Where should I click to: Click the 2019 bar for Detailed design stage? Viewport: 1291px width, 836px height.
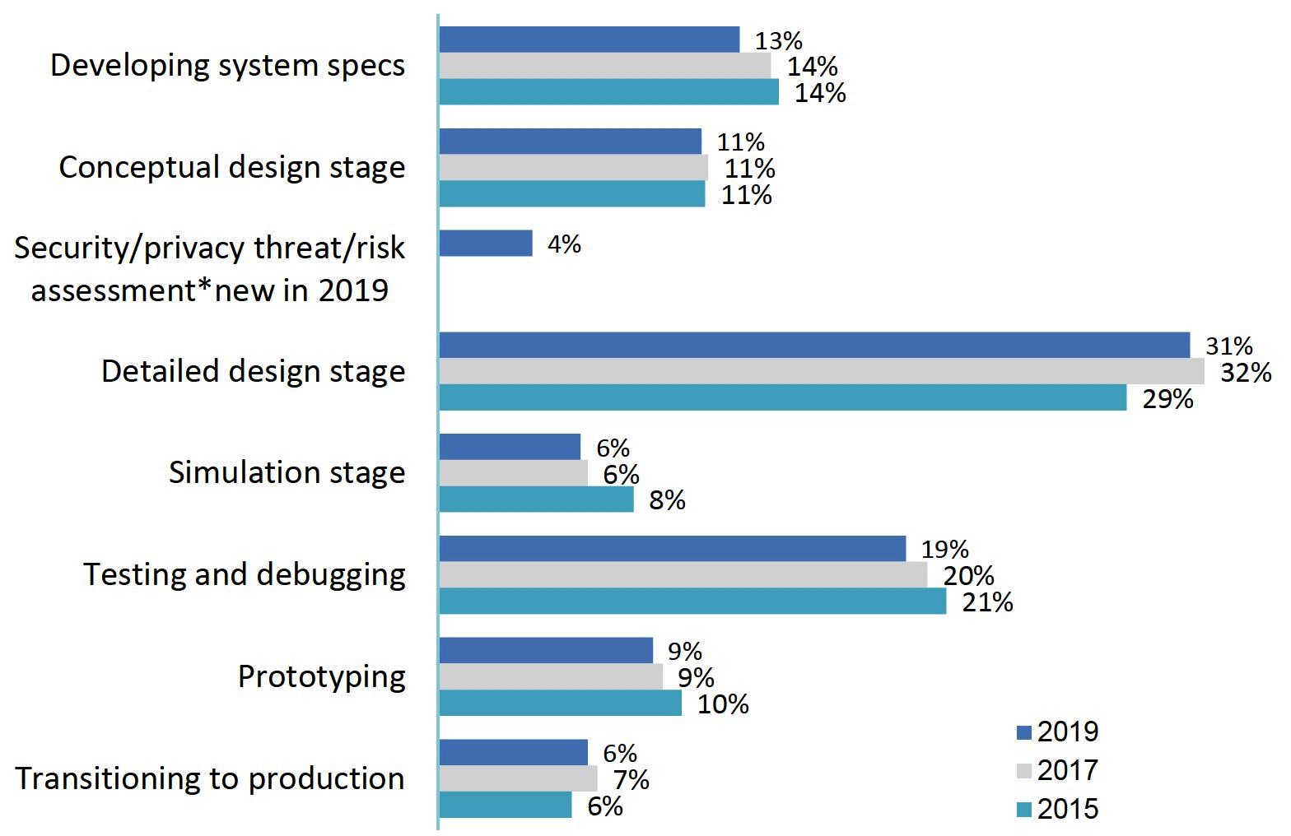pos(813,346)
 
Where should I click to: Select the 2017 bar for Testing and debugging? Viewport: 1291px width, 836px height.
pos(683,575)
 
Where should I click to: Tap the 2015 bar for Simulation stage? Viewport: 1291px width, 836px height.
pos(536,499)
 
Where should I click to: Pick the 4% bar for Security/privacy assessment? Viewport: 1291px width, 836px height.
pos(486,244)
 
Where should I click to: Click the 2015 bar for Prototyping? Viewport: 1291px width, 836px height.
pos(560,704)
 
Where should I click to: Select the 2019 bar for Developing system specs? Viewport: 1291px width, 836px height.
pos(589,39)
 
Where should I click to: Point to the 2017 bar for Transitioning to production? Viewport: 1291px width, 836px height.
pos(518,778)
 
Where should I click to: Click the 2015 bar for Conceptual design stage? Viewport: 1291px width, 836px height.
pos(571,194)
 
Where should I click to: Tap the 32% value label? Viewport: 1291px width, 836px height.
pos(1245,373)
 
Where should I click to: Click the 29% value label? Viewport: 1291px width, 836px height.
pos(1167,399)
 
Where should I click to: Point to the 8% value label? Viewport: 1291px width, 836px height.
pos(666,500)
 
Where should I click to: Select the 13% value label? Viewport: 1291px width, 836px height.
pos(778,40)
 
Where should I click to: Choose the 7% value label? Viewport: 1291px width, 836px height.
pos(631,779)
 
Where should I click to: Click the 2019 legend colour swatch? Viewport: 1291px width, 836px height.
pos(1024,732)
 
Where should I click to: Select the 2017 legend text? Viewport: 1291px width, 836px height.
pos(1067,770)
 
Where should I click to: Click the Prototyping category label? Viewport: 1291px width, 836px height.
pos(321,676)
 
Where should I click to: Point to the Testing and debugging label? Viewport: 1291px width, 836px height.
pos(245,574)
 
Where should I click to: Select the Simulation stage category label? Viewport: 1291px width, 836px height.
pos(287,472)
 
